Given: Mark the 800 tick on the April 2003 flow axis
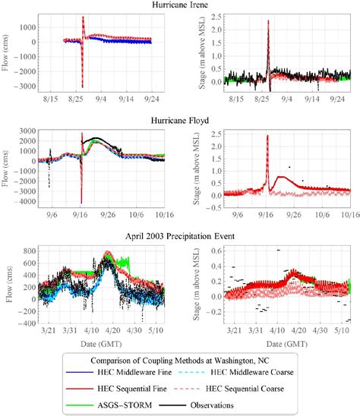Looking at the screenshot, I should tap(31, 249).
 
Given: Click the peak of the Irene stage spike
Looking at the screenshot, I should tap(268, 20).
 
